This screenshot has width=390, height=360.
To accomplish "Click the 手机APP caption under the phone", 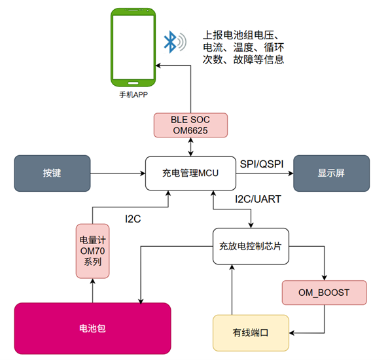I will point(133,96).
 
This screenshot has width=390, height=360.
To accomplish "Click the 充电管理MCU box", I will point(190,173).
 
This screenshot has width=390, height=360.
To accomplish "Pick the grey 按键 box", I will point(52,173).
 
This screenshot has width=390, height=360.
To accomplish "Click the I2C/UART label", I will point(258,198).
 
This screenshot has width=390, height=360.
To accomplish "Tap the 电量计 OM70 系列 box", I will point(92,250).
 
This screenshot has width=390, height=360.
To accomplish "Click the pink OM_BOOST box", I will point(325,292).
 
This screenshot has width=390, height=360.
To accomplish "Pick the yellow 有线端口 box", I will point(251,333).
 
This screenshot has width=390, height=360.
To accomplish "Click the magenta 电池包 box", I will point(92,330).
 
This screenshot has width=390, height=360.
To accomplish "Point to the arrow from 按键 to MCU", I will point(118,173).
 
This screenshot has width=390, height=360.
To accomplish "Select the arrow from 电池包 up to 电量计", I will point(92,290).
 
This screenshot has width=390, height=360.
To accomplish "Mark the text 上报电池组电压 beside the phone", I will point(241,35).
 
